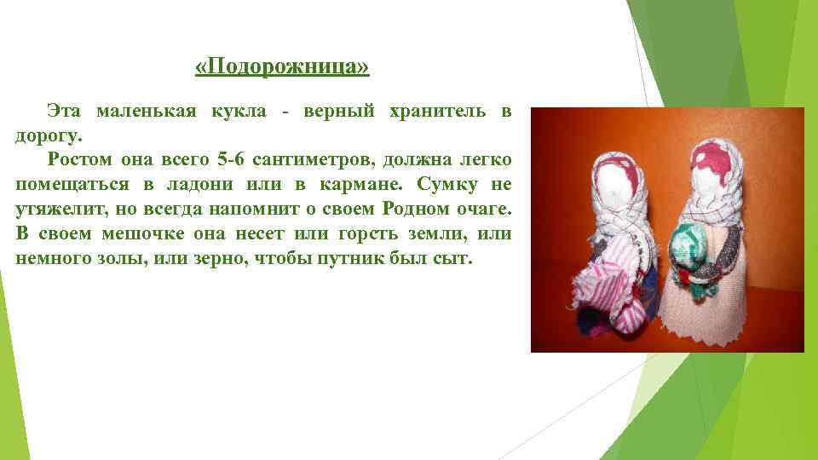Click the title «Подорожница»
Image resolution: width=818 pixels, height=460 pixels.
pyautogui.click(x=282, y=67)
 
